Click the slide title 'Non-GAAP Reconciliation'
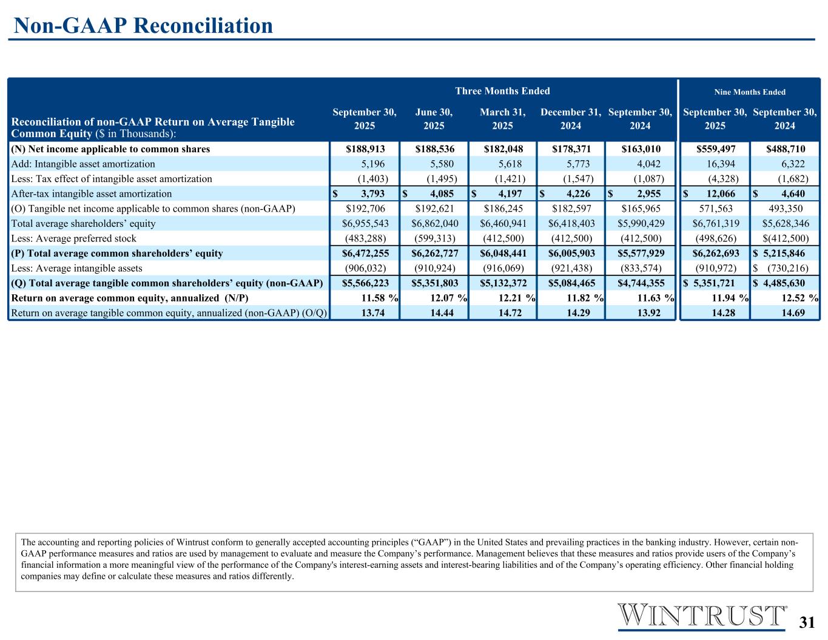[143, 25]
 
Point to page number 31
[807, 622]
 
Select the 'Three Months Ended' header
[502, 91]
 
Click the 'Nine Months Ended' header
[750, 92]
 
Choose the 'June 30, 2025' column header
[434, 119]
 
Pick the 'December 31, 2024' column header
[571, 119]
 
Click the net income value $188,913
[365, 149]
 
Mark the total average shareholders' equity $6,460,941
[502, 224]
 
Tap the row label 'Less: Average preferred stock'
[74, 238]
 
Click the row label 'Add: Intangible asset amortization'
[83, 164]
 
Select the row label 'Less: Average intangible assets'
[77, 268]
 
